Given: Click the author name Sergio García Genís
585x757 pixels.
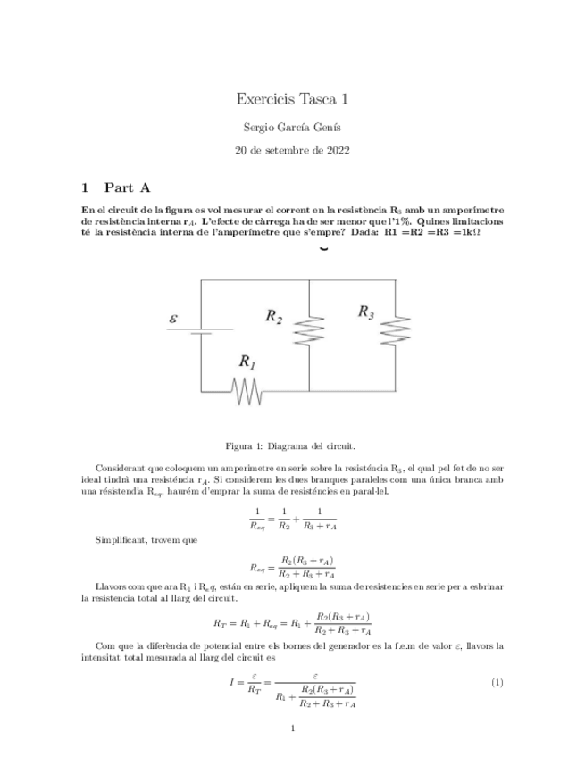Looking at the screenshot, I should (x=292, y=128).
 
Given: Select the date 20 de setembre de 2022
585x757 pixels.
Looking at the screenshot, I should (x=292, y=151).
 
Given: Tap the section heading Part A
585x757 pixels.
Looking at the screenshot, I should (x=127, y=187).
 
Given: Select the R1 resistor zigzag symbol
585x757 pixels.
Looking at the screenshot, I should (x=247, y=391).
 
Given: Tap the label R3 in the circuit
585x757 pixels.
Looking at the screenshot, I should (x=366, y=312).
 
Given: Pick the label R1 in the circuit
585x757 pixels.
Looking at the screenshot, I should (x=247, y=362).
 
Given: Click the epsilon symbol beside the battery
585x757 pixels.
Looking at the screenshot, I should (x=174, y=319).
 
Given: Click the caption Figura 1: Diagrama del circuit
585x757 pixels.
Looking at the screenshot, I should (x=292, y=445).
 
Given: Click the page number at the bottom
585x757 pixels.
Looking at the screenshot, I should (x=292, y=729).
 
